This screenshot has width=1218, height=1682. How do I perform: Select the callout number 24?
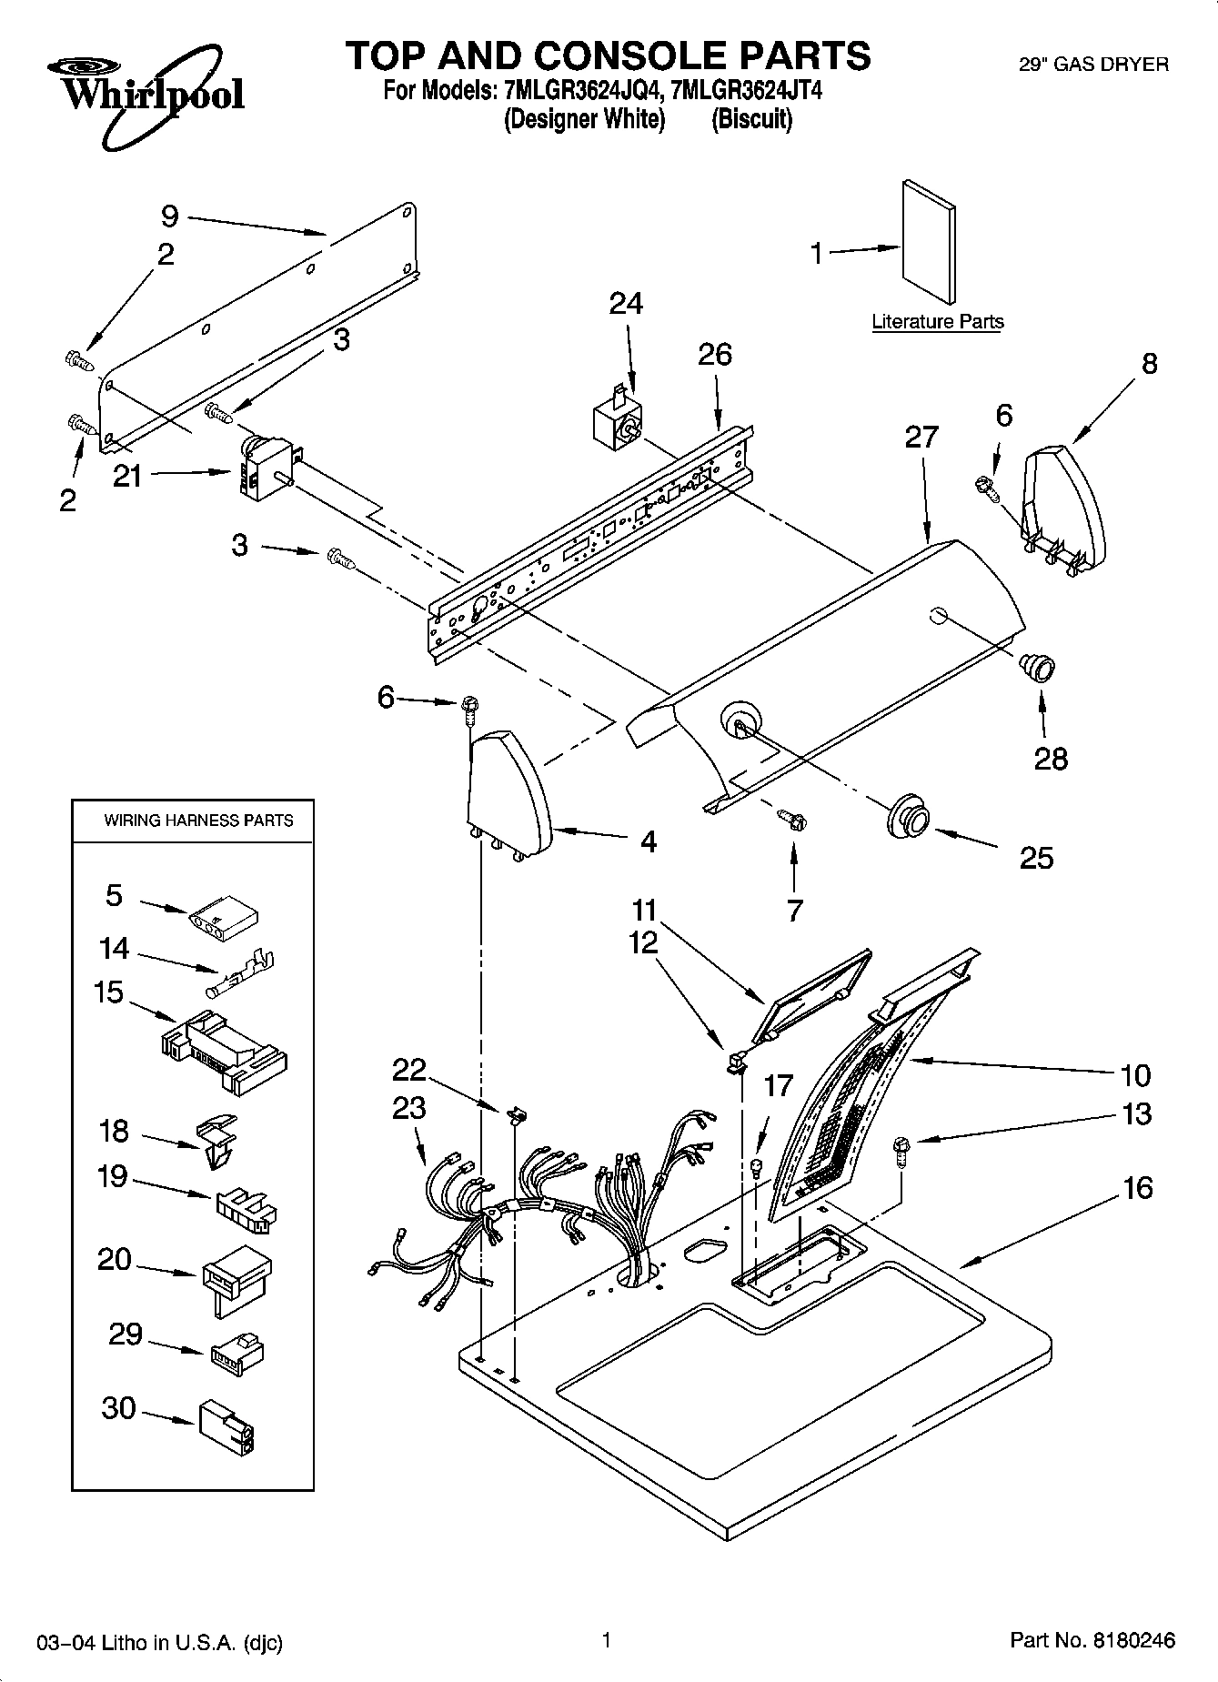[625, 303]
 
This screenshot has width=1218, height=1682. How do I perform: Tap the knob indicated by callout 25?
[907, 816]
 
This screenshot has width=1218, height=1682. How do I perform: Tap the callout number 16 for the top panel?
[1137, 1188]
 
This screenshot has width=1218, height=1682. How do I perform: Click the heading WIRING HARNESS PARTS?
[198, 821]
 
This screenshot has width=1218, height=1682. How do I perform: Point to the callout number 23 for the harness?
[409, 1108]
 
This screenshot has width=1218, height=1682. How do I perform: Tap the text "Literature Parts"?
[937, 322]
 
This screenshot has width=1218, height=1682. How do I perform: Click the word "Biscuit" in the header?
[751, 119]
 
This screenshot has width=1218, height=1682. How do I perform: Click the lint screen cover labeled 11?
[812, 993]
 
